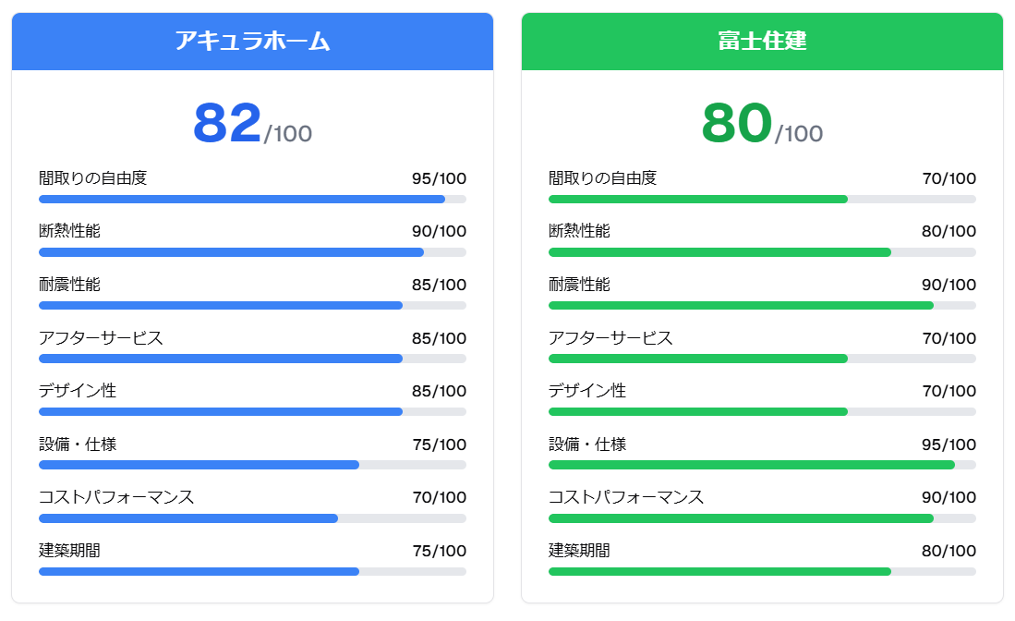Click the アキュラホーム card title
pos(252,42)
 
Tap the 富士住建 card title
pos(762,42)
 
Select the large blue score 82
pos(227,123)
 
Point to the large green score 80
pos(736,123)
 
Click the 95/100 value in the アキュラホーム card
pos(439,178)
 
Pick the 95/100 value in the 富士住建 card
pos(949,444)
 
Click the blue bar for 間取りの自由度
pos(242,199)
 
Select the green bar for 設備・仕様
pos(752,465)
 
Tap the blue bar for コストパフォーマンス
pos(188,518)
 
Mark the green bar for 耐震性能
pos(741,305)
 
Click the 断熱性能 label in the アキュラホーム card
pos(69,231)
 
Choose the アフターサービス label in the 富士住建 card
pos(610,338)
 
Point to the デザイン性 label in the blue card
pos(78,391)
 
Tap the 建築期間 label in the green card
pos(579,551)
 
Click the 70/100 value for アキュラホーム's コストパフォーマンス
pos(439,498)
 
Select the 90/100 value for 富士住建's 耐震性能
pos(949,285)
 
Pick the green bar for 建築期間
pos(719,571)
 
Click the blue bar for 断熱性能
pos(231,252)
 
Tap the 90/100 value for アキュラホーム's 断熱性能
pos(439,232)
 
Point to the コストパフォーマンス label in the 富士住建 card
pos(626,498)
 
